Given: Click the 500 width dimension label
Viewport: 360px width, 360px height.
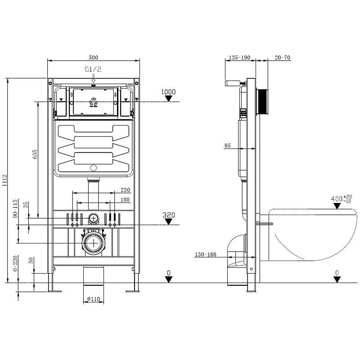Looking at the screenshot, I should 93,57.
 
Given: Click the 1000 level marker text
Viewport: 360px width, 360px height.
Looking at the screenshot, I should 168,92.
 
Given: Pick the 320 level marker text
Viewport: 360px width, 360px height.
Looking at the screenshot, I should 168,215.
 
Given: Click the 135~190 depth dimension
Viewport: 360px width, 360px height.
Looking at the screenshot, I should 239,58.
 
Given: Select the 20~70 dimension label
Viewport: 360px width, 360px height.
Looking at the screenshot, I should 283,58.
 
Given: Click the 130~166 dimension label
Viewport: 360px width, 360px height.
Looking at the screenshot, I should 206,255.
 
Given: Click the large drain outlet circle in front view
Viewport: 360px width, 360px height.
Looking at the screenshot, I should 94,243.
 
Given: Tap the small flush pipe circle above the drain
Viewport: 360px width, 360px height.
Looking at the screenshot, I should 94,219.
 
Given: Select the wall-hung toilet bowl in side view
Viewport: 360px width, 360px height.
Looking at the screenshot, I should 310,234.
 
